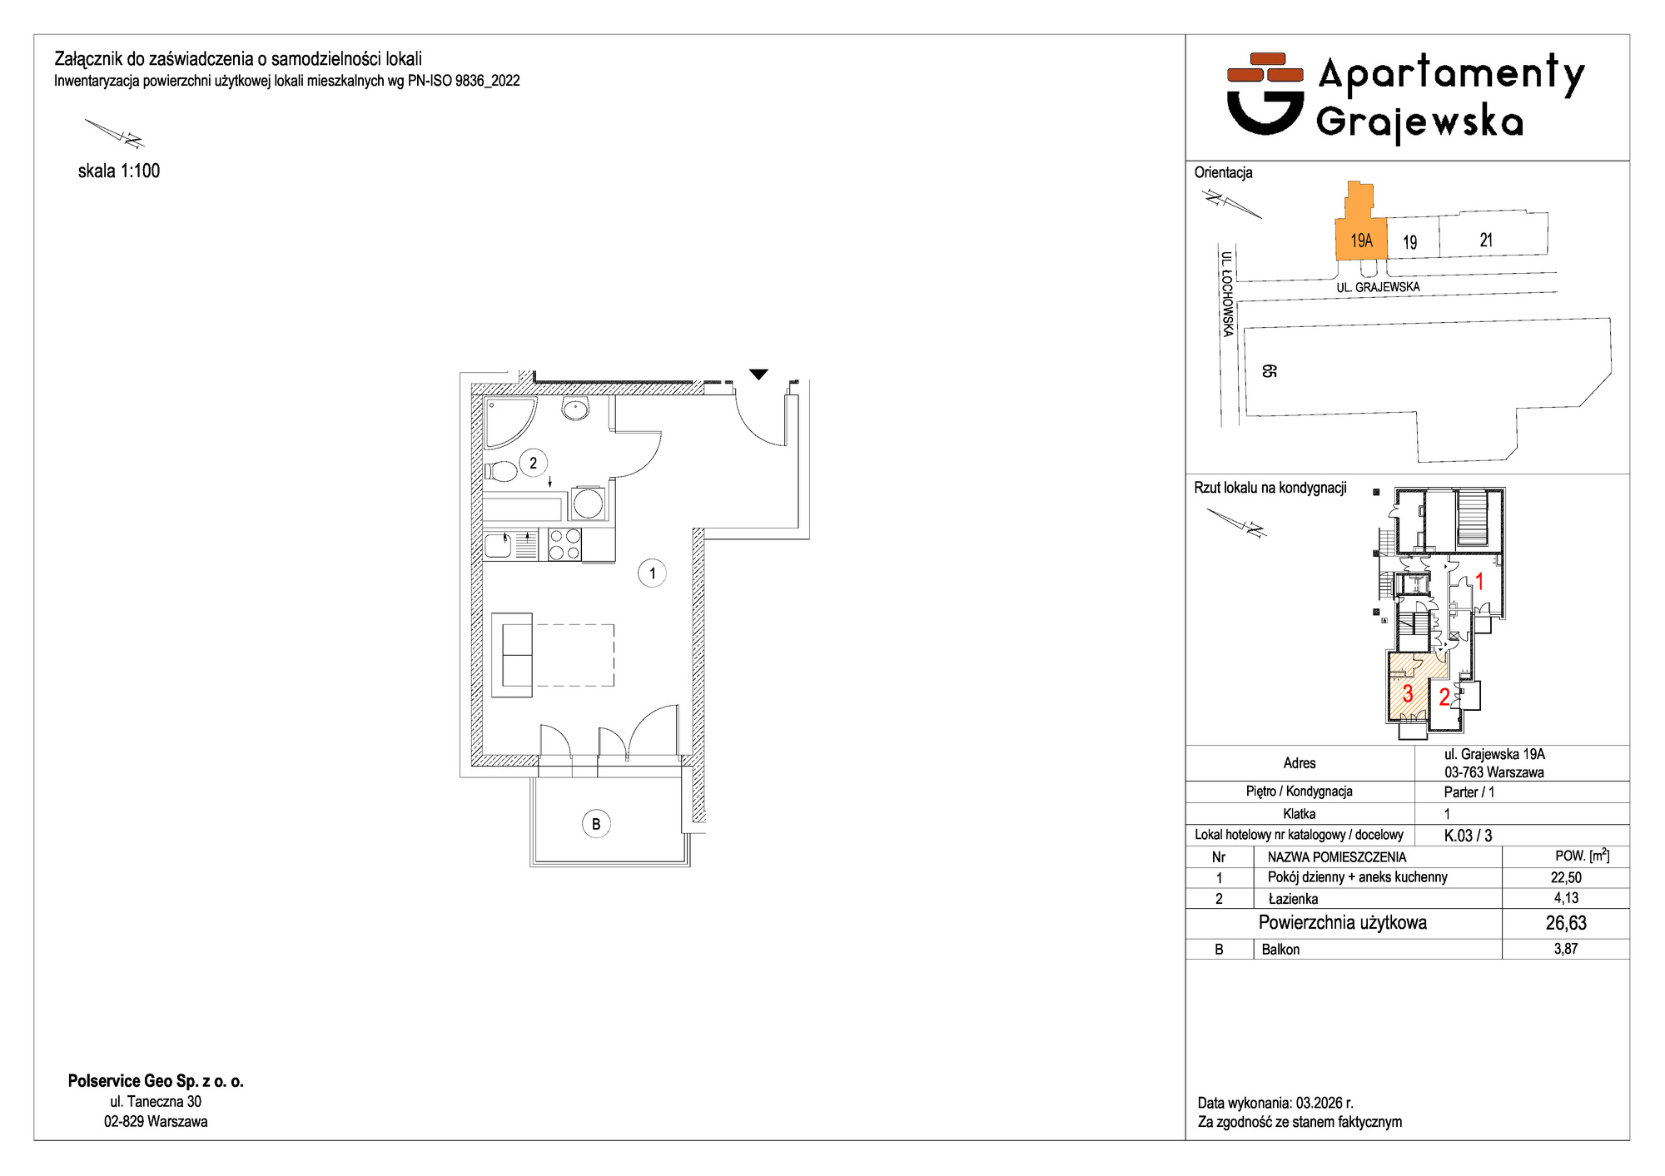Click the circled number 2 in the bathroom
pyautogui.click(x=533, y=463)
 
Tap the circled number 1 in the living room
pyautogui.click(x=652, y=573)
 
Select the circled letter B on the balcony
pyautogui.click(x=596, y=824)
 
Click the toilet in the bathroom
pyautogui.click(x=501, y=471)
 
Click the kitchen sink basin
pyautogui.click(x=498, y=545)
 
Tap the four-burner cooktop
pyautogui.click(x=564, y=545)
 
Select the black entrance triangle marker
pyautogui.click(x=758, y=374)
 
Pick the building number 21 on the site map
pyautogui.click(x=1486, y=240)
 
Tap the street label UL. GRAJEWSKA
pyautogui.click(x=1378, y=287)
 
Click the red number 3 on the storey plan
pyautogui.click(x=1407, y=693)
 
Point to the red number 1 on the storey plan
pyautogui.click(x=1479, y=581)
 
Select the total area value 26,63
pyautogui.click(x=1566, y=923)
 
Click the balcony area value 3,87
pyautogui.click(x=1566, y=949)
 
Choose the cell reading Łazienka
pyautogui.click(x=1293, y=899)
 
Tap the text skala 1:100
pyautogui.click(x=119, y=171)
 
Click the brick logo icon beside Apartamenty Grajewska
pyautogui.click(x=1265, y=93)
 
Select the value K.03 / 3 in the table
pyautogui.click(x=1468, y=836)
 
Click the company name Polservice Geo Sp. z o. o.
pyautogui.click(x=156, y=1081)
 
